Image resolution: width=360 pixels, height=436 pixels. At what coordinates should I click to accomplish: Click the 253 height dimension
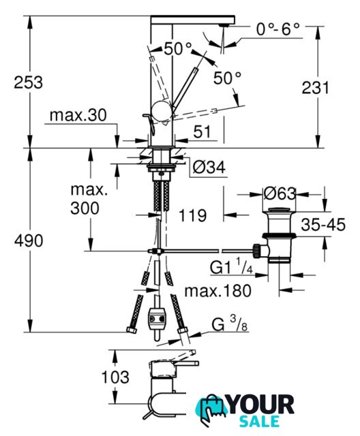pyautogui.click(x=29, y=82)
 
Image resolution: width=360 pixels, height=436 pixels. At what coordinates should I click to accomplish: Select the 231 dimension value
pyautogui.click(x=315, y=88)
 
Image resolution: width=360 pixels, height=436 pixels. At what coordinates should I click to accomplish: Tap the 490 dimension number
pyautogui.click(x=29, y=240)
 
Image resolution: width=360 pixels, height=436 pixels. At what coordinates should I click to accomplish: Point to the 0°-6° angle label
pyautogui.click(x=278, y=29)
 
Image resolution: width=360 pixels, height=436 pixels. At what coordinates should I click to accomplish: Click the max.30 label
pyautogui.click(x=78, y=115)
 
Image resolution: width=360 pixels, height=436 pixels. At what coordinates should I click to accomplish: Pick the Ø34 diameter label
pyautogui.click(x=209, y=168)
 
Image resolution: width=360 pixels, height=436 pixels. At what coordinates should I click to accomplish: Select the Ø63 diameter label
pyautogui.click(x=280, y=193)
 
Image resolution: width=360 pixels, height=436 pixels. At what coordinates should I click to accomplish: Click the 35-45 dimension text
pyautogui.click(x=323, y=224)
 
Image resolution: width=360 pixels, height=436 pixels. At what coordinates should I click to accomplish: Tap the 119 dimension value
pyautogui.click(x=193, y=215)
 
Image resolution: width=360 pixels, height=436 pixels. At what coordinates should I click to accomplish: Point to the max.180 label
pyautogui.click(x=217, y=291)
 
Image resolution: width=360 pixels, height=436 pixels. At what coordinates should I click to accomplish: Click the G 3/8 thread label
pyautogui.click(x=230, y=324)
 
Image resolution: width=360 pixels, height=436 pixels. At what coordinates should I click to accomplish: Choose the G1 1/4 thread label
pyautogui.click(x=231, y=266)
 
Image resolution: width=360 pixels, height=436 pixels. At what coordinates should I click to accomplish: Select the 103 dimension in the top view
pyautogui.click(x=115, y=377)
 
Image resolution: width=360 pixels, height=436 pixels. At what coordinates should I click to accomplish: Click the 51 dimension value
pyautogui.click(x=202, y=131)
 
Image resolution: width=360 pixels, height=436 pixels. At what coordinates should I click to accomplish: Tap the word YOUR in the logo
pyautogui.click(x=261, y=405)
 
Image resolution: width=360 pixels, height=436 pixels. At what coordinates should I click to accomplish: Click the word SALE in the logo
pyautogui.click(x=259, y=421)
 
